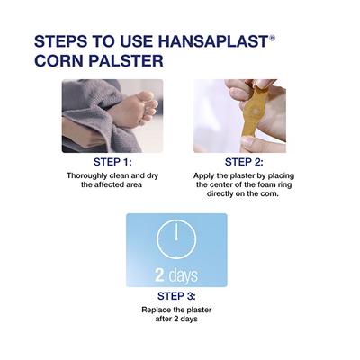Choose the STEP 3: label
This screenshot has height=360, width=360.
click(175, 297)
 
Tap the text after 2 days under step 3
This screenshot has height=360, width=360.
click(175, 320)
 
